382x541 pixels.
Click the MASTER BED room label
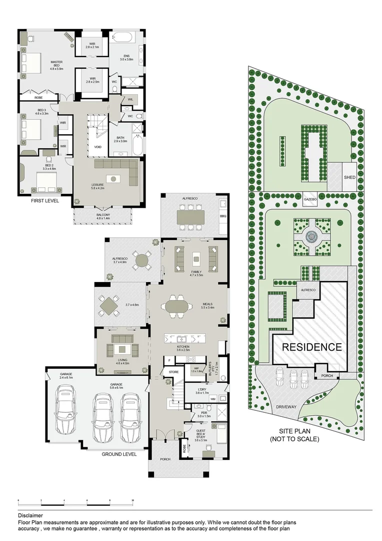point(56,65)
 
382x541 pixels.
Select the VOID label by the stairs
point(97,147)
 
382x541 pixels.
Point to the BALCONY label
point(104,216)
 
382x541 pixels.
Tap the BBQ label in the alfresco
point(223,216)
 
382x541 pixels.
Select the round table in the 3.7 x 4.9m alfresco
point(143,260)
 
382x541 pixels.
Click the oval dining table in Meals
point(178,306)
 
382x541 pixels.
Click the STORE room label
point(173,372)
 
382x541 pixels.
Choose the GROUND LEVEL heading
point(119,454)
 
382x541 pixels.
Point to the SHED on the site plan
point(349,177)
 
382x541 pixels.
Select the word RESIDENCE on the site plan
point(312,347)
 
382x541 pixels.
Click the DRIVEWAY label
point(286,407)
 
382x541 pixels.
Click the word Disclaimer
point(30,515)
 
